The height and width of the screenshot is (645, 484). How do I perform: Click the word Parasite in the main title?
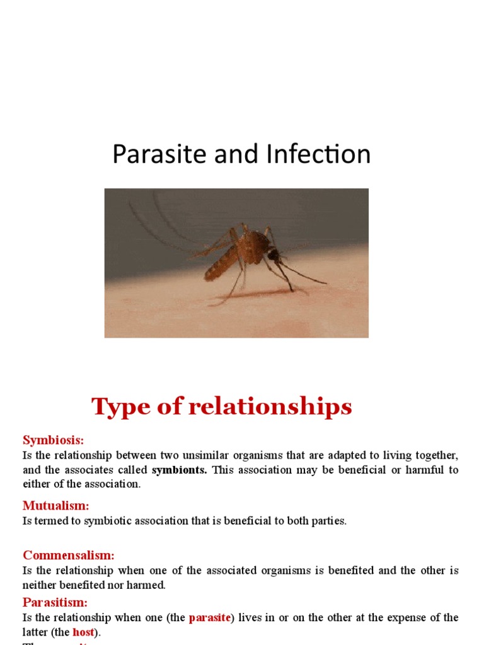pos(149,154)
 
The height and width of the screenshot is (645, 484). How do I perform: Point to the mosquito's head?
pos(273,254)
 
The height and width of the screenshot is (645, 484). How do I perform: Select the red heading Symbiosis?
pos(53,440)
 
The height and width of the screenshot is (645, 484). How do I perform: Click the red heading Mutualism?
pos(56,505)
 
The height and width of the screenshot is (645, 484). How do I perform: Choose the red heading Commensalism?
pos(69,555)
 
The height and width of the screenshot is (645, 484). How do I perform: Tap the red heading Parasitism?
pos(55,602)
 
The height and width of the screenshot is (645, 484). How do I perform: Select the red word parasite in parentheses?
pos(210,618)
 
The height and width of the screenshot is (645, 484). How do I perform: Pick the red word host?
pos(83,632)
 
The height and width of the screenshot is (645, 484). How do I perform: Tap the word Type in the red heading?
pos(120,408)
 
